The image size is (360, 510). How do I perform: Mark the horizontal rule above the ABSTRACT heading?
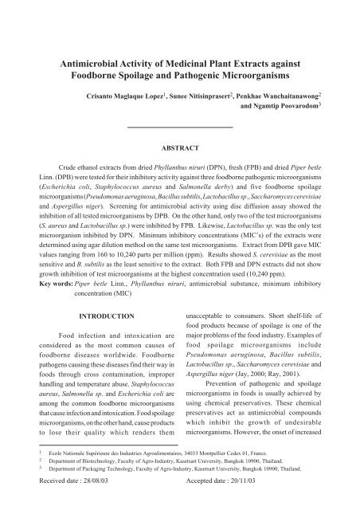tap(179, 127)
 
